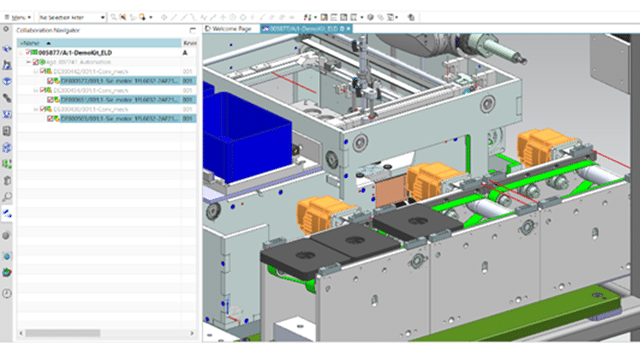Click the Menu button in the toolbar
pyautogui.click(x=17, y=17)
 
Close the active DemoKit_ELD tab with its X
pyautogui.click(x=342, y=29)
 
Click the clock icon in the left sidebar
pyautogui.click(x=7, y=292)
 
